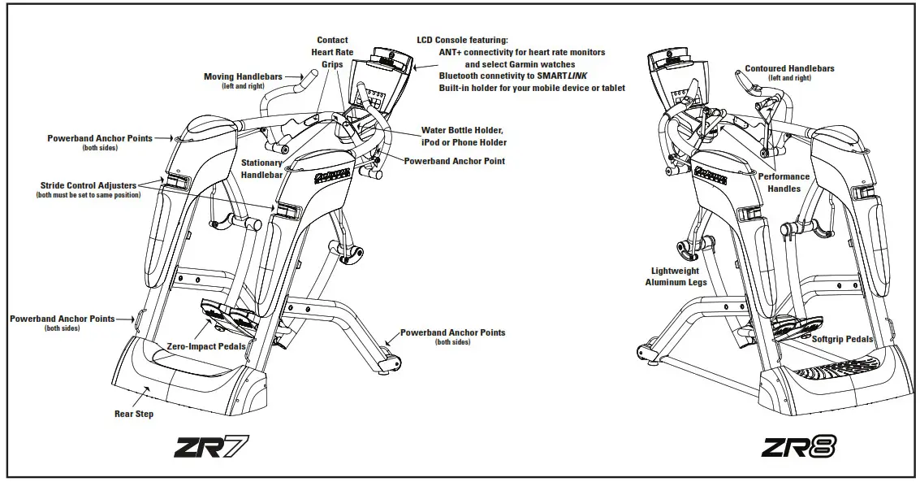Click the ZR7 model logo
coord(210,446)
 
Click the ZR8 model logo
coord(799,446)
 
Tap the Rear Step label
coord(134,414)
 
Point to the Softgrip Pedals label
coord(842,339)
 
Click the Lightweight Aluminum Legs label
coord(676,276)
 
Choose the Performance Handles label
coord(784,182)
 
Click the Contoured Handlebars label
coord(789,69)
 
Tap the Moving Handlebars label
coord(243,77)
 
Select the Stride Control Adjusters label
coord(89,186)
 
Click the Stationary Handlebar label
coord(261,168)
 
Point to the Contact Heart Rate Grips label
coord(332,52)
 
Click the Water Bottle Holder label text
coord(463,130)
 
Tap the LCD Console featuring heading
coord(462,40)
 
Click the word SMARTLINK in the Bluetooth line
coord(566,76)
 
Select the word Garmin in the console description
coord(533,64)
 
